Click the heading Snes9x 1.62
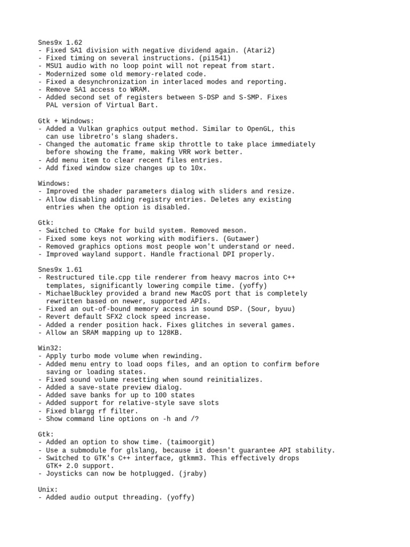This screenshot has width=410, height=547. [x=60, y=42]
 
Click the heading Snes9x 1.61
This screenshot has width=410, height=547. [x=60, y=270]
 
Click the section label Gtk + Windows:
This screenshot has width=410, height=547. [x=66, y=121]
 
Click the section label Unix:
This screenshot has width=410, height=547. [x=48, y=489]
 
